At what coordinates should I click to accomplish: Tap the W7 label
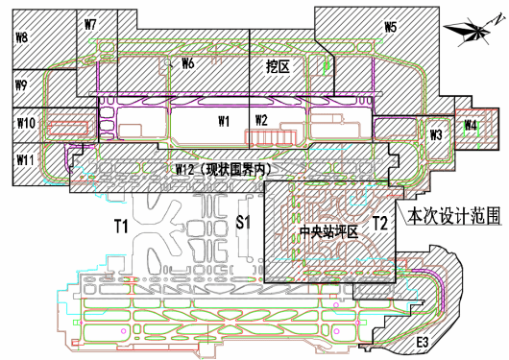[91, 24]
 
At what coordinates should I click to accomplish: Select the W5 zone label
[390, 28]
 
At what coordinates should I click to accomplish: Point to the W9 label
[21, 86]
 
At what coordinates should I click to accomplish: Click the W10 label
[26, 123]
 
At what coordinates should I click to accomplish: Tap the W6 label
[188, 63]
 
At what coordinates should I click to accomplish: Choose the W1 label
[224, 121]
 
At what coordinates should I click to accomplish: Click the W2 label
[261, 119]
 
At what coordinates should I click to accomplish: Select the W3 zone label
[435, 134]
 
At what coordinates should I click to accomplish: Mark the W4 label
[471, 126]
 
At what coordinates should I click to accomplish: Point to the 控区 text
[279, 67]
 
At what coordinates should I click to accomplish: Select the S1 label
[244, 223]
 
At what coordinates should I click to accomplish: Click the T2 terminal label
[380, 225]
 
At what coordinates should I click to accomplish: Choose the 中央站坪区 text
[327, 232]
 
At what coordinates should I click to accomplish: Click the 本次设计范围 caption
[453, 216]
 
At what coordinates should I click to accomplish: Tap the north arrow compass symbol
[473, 33]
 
